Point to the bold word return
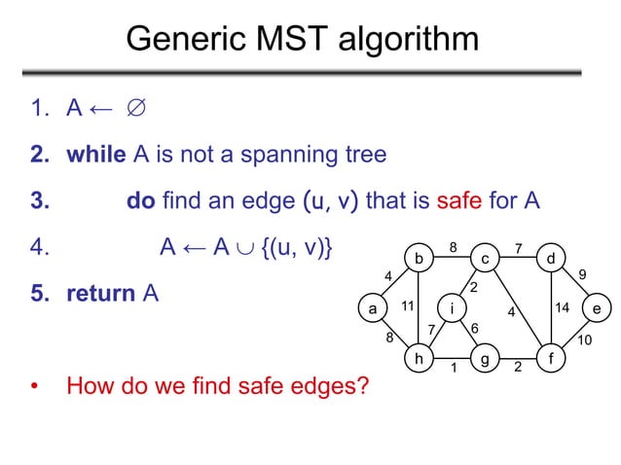tap(101, 293)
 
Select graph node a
tap(371, 308)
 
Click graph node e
tap(597, 308)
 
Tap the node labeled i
tap(452, 308)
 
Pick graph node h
tap(419, 358)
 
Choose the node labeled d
tap(551, 259)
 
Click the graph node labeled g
tap(484, 358)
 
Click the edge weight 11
tap(408, 306)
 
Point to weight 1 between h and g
tap(452, 368)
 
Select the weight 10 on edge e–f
tap(584, 340)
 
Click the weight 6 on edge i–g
tap(474, 329)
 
